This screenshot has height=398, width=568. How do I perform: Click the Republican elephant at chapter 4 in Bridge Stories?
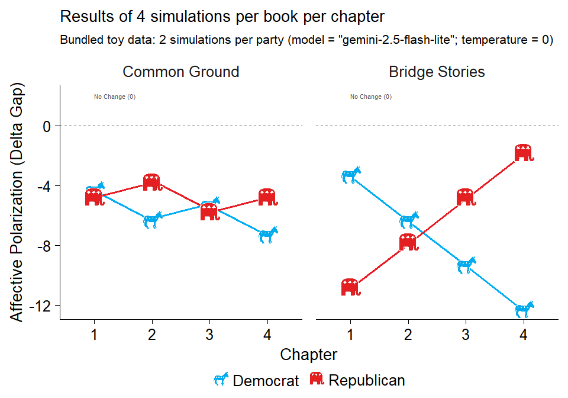pos(524,152)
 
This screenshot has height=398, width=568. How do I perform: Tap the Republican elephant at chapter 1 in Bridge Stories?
pos(350,287)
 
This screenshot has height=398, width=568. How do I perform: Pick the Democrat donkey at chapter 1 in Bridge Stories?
pos(350,175)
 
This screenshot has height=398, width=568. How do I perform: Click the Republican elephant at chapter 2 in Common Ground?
pos(152,182)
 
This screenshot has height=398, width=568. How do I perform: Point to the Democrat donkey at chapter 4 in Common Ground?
pos(268,235)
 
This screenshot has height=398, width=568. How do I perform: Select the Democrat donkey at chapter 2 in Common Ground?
pos(152,220)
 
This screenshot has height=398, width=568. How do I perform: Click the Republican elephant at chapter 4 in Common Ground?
pos(268,197)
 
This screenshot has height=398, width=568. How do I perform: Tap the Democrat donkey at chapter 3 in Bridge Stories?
pos(466,265)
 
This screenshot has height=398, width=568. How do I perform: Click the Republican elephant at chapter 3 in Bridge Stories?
pos(466,197)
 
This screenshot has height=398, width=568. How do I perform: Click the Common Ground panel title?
pos(180,72)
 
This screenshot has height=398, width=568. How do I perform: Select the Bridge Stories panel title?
pos(437,72)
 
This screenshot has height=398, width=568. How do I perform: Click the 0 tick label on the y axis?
pos(48,126)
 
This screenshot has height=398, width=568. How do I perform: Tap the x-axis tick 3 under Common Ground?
pos(209,335)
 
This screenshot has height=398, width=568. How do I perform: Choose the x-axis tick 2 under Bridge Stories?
pos(408,335)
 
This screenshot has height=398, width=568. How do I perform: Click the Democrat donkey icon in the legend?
pos(221,380)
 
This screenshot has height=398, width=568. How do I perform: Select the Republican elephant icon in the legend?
pos(317,379)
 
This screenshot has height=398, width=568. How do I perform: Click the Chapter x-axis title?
pos(308,355)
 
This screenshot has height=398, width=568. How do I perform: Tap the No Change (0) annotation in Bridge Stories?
pos(370,97)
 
